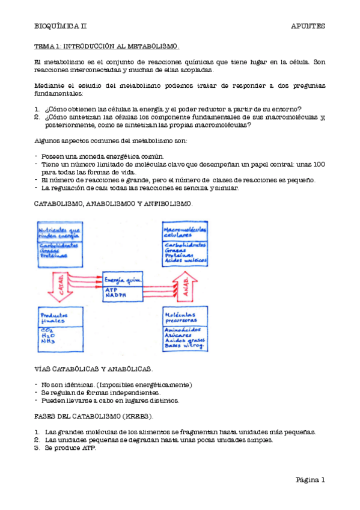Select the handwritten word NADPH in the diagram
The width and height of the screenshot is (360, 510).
[114, 295]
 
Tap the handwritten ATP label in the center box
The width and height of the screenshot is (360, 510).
[111, 289]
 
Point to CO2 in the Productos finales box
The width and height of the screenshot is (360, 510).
[46, 330]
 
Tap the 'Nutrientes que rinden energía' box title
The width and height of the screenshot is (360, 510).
[59, 233]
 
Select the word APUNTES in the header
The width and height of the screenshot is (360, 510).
[308, 26]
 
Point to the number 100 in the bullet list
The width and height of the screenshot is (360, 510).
[319, 164]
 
